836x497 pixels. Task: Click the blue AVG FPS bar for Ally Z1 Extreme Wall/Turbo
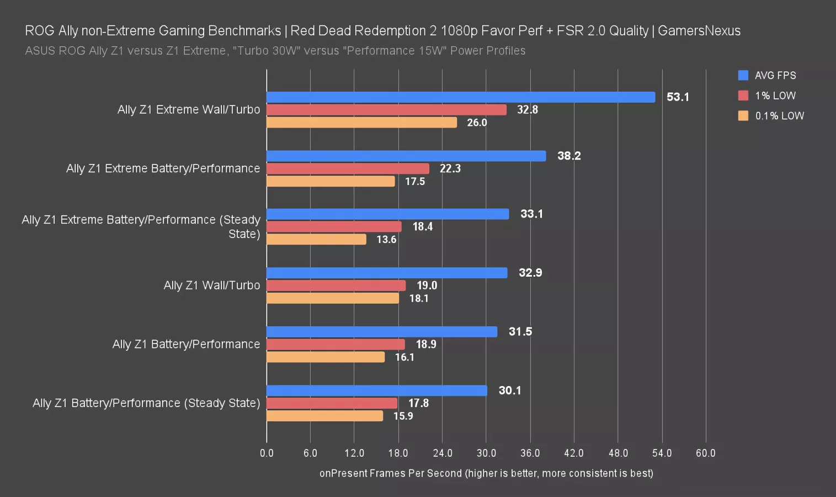pyautogui.click(x=461, y=97)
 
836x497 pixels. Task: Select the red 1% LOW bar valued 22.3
pyautogui.click(x=348, y=168)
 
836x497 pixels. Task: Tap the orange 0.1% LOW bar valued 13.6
pyautogui.click(x=316, y=240)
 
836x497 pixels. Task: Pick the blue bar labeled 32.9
pyautogui.click(x=387, y=273)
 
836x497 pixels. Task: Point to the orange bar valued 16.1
pyautogui.click(x=326, y=357)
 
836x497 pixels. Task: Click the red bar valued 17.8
pyautogui.click(x=332, y=403)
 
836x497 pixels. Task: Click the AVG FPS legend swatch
pyautogui.click(x=743, y=76)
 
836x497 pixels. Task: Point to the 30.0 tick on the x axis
pyautogui.click(x=486, y=453)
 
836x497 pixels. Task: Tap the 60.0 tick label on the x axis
pyautogui.click(x=705, y=453)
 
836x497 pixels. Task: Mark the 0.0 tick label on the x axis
pyautogui.click(x=267, y=453)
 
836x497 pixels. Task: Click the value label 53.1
pyautogui.click(x=678, y=97)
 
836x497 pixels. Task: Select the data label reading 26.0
pyautogui.click(x=477, y=123)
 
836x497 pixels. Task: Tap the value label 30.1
pyautogui.click(x=509, y=390)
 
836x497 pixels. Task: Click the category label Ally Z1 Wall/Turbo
pyautogui.click(x=211, y=285)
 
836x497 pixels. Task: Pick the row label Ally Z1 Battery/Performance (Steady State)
pyautogui.click(x=146, y=403)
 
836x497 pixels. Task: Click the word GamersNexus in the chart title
pyautogui.click(x=699, y=31)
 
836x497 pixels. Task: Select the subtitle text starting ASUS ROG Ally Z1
pyautogui.click(x=275, y=51)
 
